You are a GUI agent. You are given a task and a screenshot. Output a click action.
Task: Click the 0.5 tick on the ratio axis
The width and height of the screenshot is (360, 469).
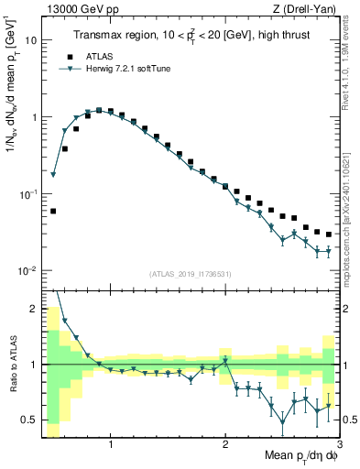28,420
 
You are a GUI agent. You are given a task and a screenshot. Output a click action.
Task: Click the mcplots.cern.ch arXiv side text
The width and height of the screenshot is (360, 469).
352,202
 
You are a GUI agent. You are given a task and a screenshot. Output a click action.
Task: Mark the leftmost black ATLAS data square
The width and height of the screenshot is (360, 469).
53,211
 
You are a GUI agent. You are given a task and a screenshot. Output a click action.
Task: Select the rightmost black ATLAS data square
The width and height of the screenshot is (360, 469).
329,234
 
